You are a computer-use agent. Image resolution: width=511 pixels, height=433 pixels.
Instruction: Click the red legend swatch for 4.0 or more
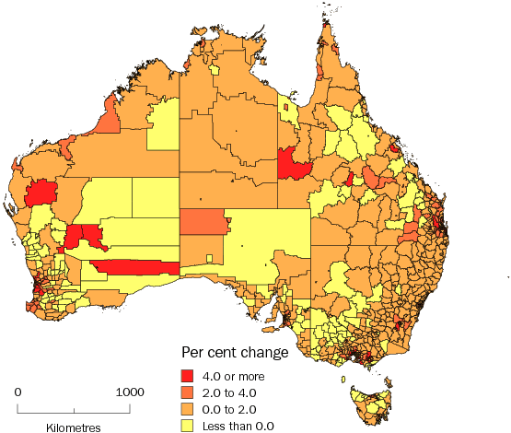click(188, 375)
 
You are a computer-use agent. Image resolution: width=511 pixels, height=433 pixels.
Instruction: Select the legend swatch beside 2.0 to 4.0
click(188, 392)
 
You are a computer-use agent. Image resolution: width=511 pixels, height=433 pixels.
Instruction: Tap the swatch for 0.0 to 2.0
click(188, 408)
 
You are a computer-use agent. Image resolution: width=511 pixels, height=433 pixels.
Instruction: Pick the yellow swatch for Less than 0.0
click(188, 425)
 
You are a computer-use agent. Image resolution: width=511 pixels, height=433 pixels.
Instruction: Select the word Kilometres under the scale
click(73, 427)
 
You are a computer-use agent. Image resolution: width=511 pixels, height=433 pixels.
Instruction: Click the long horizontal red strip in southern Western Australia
click(134, 267)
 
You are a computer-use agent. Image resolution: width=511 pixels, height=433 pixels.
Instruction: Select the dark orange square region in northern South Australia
click(202, 222)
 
